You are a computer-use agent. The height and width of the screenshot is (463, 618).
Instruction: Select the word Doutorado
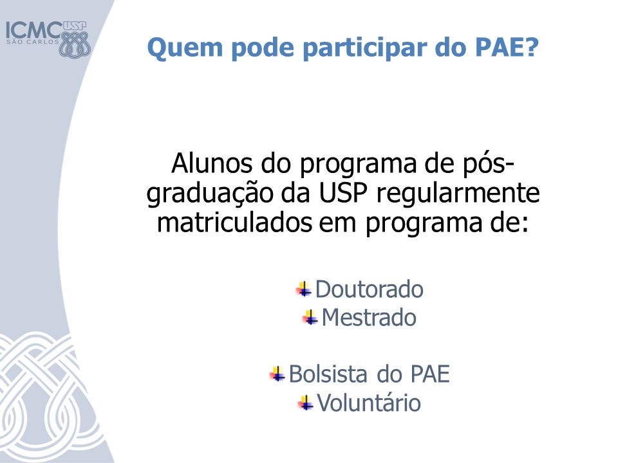click(x=370, y=289)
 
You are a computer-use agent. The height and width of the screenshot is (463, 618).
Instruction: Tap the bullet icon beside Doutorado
click(x=304, y=289)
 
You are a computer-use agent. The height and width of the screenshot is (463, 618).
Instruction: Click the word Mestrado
click(x=369, y=317)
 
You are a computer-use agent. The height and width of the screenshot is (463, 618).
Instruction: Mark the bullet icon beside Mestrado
click(x=310, y=317)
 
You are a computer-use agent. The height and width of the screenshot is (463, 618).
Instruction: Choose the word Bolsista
click(x=328, y=374)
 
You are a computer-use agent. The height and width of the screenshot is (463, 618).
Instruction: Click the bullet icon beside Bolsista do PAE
click(x=277, y=374)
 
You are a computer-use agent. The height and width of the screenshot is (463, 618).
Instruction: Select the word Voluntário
click(x=369, y=403)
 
